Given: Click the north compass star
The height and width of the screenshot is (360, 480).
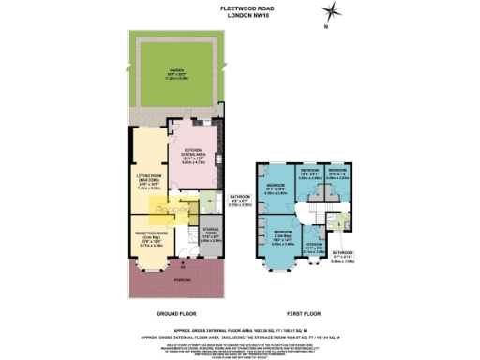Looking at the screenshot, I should click(331, 12).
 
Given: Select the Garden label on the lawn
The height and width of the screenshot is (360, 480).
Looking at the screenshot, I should click(177, 76).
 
